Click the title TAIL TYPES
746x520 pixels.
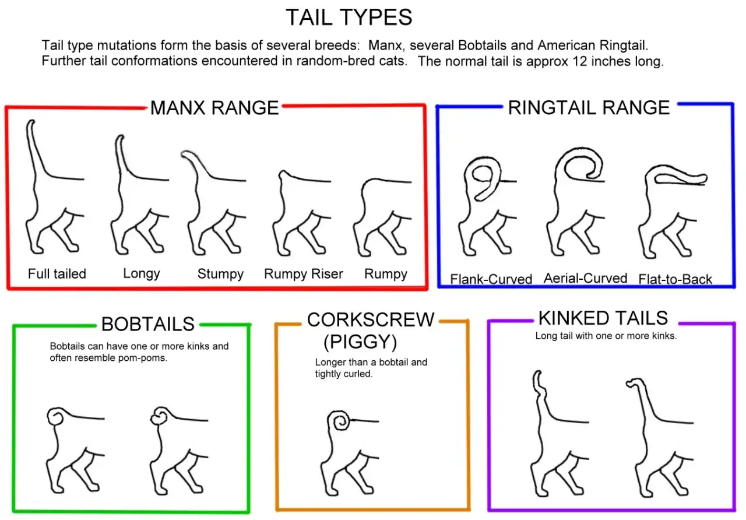pos(349,17)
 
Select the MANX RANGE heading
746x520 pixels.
pos(214,108)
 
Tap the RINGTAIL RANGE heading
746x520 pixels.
pos(589,108)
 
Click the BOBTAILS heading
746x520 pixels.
pos(148,324)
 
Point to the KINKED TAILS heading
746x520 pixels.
pos(603,318)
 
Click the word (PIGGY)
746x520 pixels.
pos(360,342)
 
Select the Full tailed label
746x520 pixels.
pos(57,274)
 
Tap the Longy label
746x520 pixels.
pos(142,273)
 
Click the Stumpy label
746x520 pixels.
pos(220,274)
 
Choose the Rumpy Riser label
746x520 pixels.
pos(304,274)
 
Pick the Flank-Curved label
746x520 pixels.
pos(491,279)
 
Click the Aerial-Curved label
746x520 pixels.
pos(586,278)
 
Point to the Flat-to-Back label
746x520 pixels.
pos(675,279)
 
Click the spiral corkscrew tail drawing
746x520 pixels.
pos(339,420)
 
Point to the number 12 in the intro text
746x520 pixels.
pos(579,61)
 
